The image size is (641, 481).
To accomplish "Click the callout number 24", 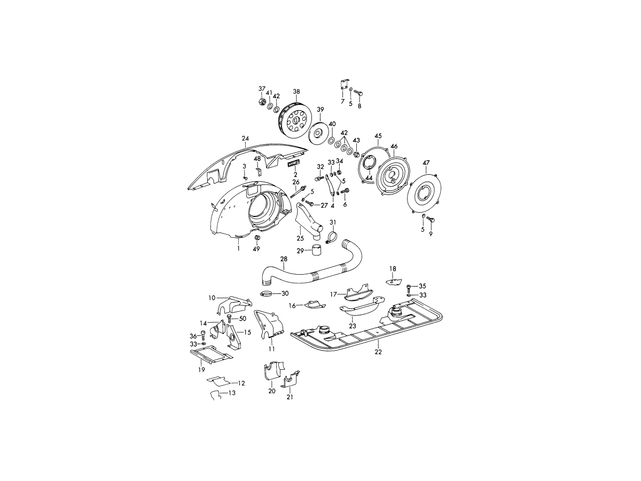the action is (245, 138).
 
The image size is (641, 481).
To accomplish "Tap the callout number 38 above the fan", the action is (296, 92).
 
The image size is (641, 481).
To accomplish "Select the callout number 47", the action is (426, 162).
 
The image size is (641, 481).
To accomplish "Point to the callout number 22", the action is (378, 352).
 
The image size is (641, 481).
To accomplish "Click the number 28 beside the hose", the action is (284, 259).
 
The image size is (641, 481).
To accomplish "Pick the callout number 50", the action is (243, 319).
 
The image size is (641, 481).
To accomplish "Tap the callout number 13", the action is (232, 393).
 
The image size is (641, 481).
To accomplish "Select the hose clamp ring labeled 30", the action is (266, 294).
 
